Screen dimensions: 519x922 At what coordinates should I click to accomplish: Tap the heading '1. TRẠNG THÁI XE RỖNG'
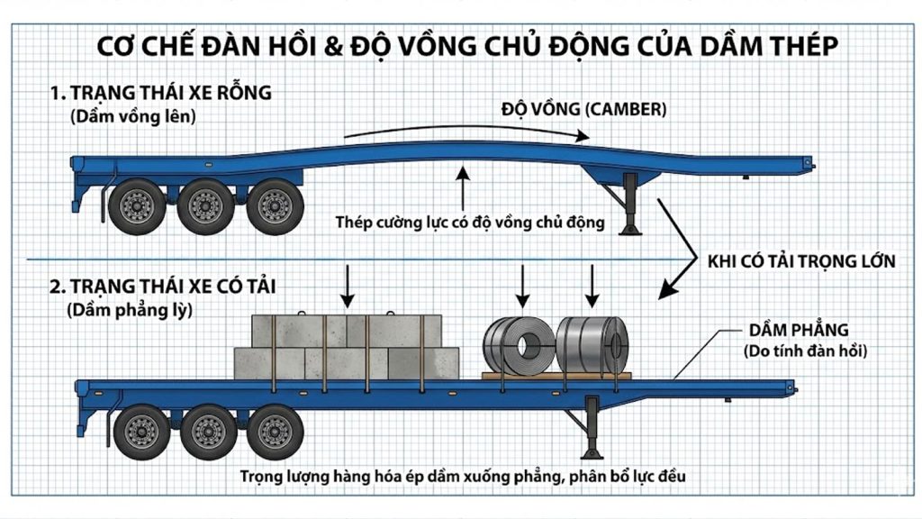162,93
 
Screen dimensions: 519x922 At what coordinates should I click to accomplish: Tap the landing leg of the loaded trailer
592,430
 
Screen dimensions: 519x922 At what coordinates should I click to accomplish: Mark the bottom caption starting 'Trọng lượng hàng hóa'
464,475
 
